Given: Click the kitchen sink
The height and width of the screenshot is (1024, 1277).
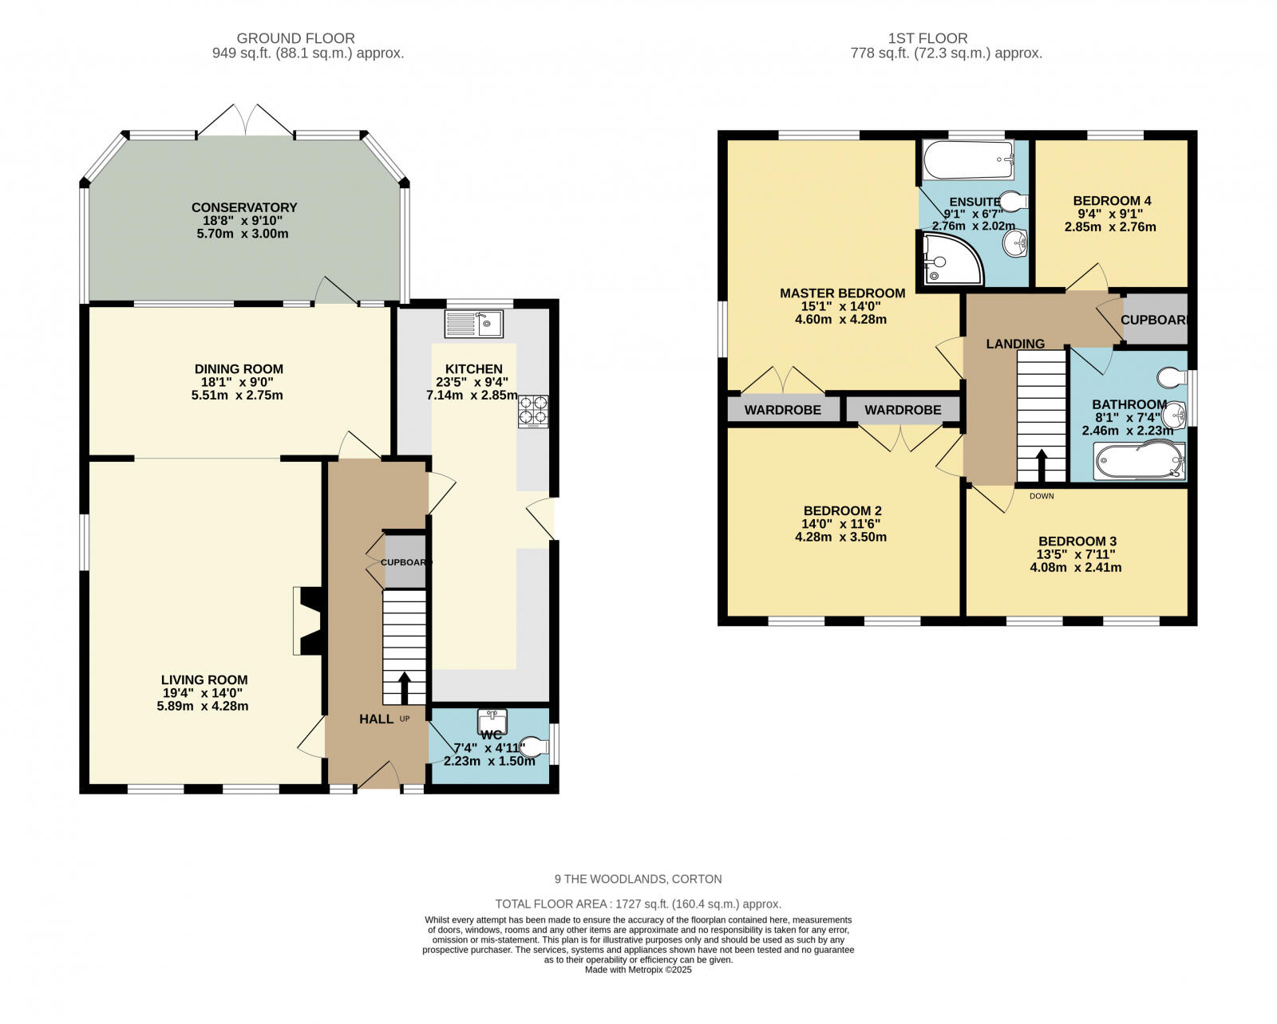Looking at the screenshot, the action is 473,324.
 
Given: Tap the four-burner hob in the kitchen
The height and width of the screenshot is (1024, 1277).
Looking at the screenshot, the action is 533,412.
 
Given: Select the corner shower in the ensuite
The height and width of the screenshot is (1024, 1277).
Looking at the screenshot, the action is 953,258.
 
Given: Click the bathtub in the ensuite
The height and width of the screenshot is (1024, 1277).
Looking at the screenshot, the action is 968,160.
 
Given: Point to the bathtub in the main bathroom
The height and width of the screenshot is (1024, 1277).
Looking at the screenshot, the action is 1140,461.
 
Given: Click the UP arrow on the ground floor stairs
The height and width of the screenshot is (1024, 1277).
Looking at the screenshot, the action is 404,687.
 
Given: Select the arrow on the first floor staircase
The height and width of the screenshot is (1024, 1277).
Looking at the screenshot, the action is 1042,466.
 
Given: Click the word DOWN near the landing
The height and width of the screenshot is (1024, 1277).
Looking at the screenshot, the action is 1042,496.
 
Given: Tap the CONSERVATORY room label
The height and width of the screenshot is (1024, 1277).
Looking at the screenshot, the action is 244,207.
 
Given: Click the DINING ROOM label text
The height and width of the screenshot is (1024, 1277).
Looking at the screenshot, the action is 239,368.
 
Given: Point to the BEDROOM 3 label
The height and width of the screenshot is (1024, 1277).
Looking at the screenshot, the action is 1077,542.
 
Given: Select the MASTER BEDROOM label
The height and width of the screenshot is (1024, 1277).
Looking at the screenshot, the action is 842,293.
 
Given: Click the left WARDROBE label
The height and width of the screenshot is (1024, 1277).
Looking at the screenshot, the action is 783,410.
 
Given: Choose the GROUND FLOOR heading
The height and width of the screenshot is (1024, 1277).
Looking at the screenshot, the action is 295,38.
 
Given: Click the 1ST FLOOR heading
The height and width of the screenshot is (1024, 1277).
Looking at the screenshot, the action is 927,38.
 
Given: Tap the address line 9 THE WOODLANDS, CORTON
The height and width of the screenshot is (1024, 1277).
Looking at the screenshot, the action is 638,879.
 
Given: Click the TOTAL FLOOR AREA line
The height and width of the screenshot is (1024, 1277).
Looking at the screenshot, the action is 638,904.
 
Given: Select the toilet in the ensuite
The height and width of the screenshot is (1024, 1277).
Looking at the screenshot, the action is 1014,200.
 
